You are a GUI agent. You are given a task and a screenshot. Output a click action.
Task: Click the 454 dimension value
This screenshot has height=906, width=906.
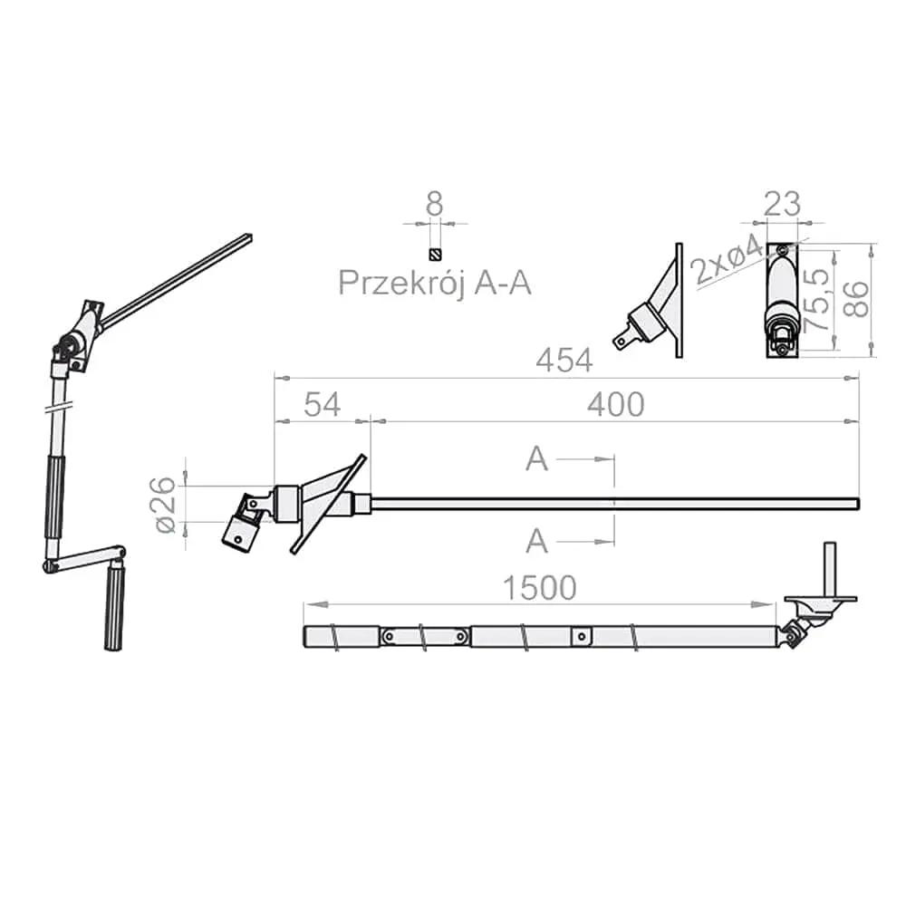564,361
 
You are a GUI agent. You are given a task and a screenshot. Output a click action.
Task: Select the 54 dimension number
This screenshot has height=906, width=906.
323,404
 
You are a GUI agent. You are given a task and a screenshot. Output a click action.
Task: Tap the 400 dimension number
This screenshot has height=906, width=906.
616,404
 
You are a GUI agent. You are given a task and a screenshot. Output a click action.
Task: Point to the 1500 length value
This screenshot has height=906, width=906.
540,588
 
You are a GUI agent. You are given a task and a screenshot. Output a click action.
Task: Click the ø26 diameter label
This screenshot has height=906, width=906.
166,505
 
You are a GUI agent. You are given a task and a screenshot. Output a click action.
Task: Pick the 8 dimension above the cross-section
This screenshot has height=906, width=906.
435,204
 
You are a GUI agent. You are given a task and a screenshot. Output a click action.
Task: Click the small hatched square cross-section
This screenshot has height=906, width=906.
435,254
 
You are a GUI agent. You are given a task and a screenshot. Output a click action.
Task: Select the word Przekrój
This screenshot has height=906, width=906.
401,283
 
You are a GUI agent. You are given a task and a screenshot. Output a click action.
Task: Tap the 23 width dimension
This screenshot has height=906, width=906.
783,204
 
